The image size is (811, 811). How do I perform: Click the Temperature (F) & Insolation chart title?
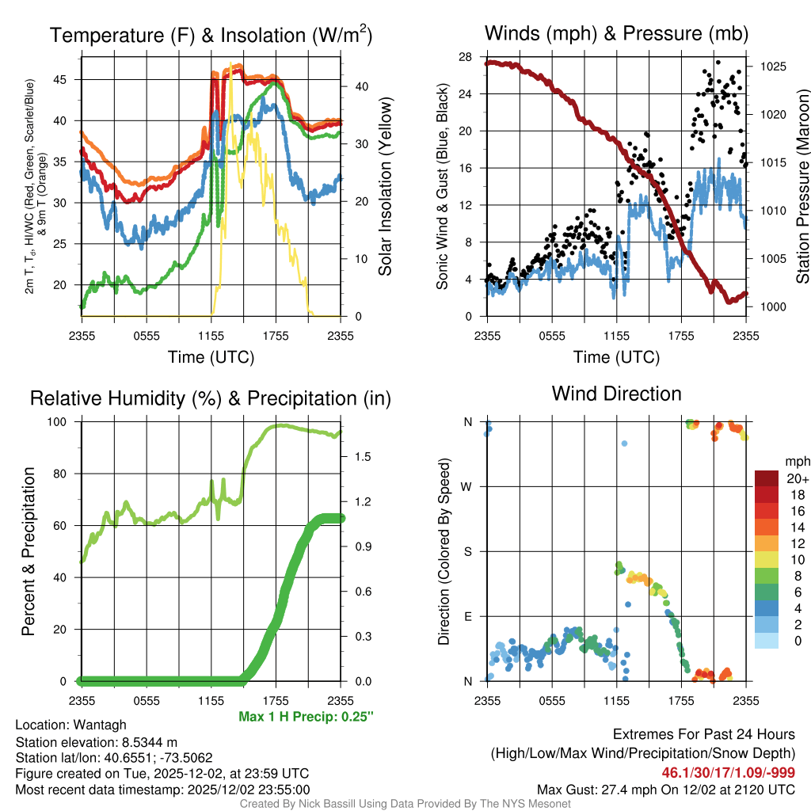(x=211, y=35)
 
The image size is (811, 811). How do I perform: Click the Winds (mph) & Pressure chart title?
(x=616, y=33)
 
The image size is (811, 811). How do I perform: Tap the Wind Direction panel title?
(x=616, y=393)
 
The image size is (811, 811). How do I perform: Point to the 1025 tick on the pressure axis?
(x=774, y=67)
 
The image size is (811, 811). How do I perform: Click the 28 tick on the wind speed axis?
(x=465, y=56)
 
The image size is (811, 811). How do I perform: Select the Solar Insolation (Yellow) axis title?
(x=386, y=187)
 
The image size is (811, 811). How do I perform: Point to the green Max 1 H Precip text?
(x=306, y=716)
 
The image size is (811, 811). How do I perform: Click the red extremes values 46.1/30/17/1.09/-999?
(x=729, y=772)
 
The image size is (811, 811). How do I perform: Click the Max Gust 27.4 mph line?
(x=666, y=789)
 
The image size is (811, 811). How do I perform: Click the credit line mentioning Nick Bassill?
(x=405, y=803)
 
